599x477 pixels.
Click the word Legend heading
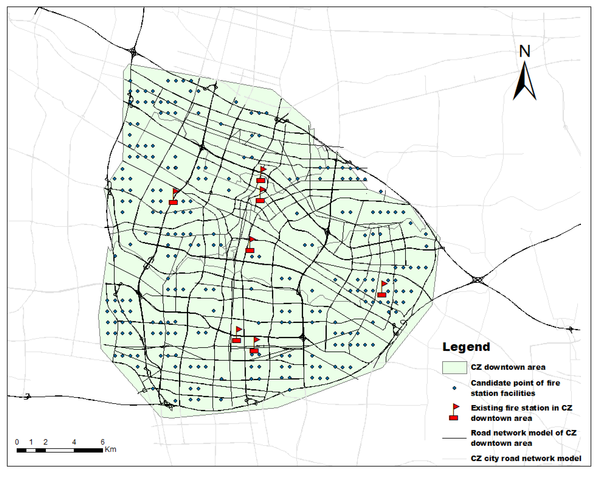pyautogui.click(x=466, y=347)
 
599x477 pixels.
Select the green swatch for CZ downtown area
pyautogui.click(x=454, y=367)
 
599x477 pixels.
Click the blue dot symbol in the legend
pyautogui.click(x=454, y=388)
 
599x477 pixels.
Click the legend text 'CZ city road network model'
pyautogui.click(x=526, y=458)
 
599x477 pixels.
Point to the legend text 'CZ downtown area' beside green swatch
pyautogui.click(x=508, y=367)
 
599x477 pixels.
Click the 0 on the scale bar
pyautogui.click(x=17, y=442)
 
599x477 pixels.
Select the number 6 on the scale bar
pyautogui.click(x=103, y=442)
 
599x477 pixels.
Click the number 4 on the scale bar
pyautogui.click(x=74, y=442)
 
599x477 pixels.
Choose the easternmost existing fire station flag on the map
pyautogui.click(x=382, y=289)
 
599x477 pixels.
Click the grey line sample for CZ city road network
pyautogui.click(x=454, y=459)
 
